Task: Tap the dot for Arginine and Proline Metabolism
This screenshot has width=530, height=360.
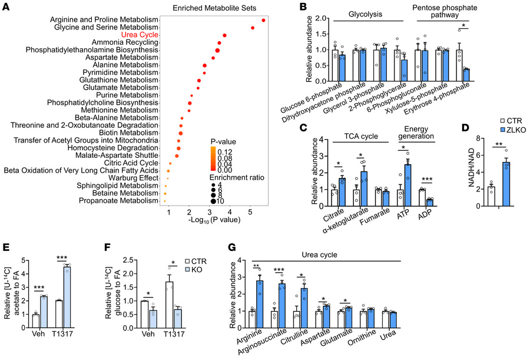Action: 263,21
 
